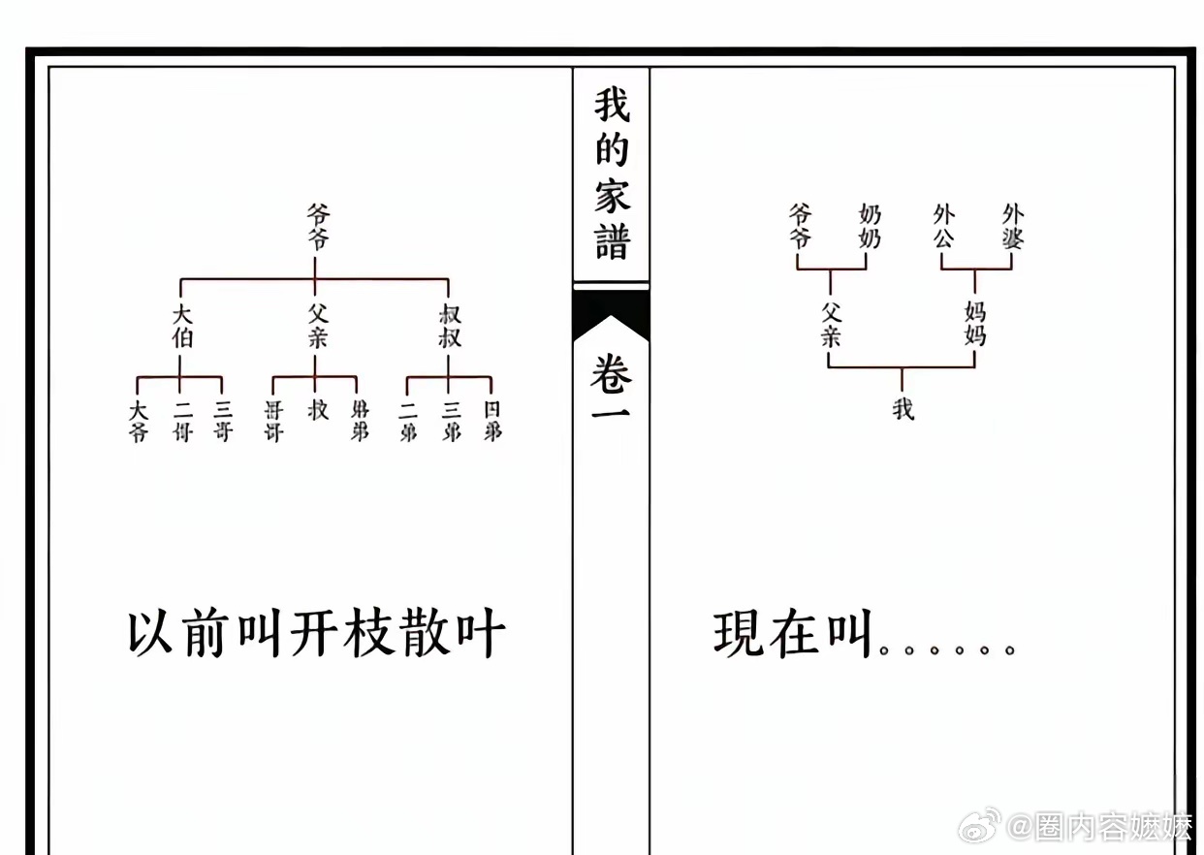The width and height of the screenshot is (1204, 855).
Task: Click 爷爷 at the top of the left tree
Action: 317,226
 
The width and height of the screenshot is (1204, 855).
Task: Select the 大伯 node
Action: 182,326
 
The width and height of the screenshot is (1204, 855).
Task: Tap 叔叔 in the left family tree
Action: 449,326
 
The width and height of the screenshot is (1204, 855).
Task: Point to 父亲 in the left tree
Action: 317,326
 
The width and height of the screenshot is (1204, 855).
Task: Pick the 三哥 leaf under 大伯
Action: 223,421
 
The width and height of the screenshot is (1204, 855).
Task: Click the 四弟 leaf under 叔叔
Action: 492,421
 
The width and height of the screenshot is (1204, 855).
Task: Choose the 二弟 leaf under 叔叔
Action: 408,421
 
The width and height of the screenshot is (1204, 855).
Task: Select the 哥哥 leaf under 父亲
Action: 273,421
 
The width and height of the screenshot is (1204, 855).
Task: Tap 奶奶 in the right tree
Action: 870,225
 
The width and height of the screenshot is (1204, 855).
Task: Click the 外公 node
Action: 943,225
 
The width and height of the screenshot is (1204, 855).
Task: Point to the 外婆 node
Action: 1013,225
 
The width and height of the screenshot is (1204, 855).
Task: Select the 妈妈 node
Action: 974,323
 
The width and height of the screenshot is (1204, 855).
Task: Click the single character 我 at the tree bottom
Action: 903,409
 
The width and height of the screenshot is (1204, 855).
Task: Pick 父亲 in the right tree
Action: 830,323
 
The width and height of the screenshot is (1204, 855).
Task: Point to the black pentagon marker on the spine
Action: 611,316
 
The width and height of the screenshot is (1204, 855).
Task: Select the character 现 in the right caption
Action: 739,635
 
